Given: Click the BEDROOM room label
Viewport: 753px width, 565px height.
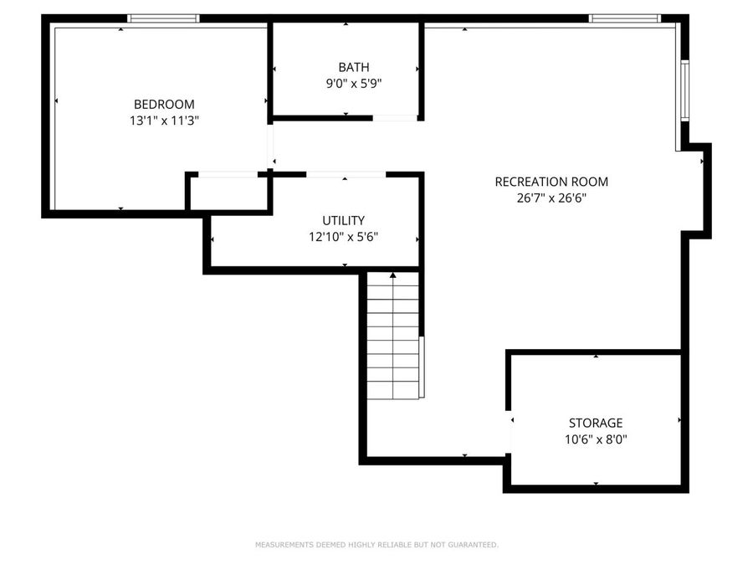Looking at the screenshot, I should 164,105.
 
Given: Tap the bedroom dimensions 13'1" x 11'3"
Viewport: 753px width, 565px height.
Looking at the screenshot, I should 164,121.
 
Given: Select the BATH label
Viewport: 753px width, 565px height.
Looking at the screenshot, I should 353,67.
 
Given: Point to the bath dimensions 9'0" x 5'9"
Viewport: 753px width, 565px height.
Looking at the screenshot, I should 353,83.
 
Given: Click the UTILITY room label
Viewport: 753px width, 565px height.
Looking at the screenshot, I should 343,221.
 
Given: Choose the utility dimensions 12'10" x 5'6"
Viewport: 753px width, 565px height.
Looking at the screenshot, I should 343,237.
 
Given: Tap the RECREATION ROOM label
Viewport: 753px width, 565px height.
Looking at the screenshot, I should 551,182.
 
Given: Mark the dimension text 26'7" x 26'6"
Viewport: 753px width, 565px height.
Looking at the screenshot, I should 551,198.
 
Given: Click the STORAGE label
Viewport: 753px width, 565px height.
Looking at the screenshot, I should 595,423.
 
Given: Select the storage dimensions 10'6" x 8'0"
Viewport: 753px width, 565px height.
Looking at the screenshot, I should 595,439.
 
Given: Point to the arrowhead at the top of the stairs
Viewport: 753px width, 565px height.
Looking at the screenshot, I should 393,275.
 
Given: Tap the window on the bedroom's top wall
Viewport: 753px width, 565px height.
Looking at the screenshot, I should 163,18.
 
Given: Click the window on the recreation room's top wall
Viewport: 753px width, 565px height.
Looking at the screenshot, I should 624,18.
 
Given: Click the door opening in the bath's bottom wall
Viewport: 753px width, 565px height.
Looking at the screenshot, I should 395,118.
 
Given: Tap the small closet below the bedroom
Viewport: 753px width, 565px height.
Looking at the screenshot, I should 228,193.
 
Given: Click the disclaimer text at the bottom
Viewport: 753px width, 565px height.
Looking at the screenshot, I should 376,545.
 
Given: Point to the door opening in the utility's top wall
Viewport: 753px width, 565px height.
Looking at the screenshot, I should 346,175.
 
